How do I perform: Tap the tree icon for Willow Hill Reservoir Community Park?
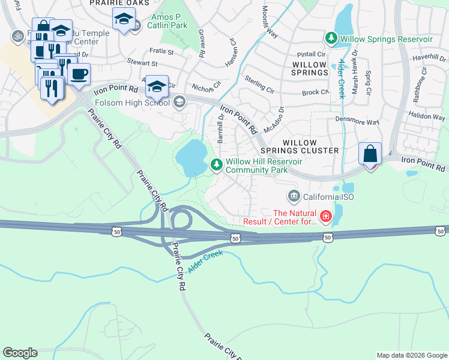pyautogui.click(x=216, y=164)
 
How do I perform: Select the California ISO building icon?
pyautogui.click(x=294, y=196)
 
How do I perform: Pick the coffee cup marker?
pyautogui.click(x=79, y=74)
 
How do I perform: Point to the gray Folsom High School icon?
pyautogui.click(x=178, y=103)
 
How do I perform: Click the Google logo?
pyautogui.click(x=20, y=353)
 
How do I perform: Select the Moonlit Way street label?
pyautogui.click(x=270, y=23)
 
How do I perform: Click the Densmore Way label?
pyautogui.click(x=357, y=122)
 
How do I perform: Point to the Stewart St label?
pyautogui.click(x=142, y=62)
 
